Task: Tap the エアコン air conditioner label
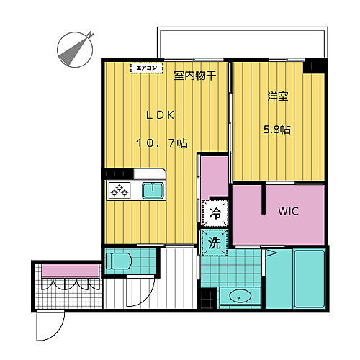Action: coord(142,68)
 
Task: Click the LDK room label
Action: coord(161,114)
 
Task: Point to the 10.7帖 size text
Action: coord(162,143)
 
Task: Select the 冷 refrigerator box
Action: coord(215,213)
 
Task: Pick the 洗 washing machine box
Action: coord(215,243)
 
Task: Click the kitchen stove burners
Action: coord(119,191)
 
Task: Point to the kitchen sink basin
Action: coord(152,191)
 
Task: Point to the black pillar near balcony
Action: coord(316,66)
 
